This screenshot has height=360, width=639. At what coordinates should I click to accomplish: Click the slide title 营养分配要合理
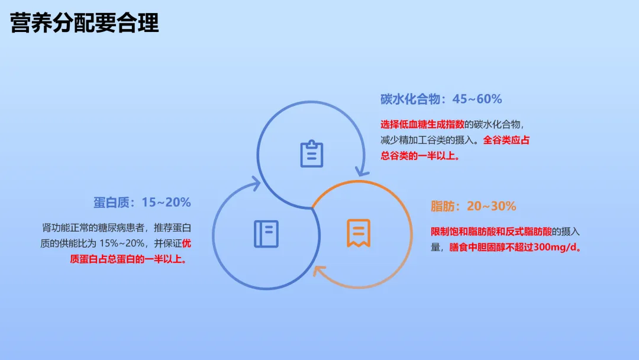coord(85,22)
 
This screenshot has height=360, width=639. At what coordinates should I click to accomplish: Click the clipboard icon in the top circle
coord(312,154)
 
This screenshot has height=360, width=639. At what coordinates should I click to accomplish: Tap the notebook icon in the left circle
coord(266,234)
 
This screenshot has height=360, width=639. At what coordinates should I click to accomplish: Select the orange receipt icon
coord(359,233)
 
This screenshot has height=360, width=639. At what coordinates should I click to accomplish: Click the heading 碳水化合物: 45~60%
coord(441,99)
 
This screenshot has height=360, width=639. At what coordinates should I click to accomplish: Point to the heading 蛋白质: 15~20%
coord(142,202)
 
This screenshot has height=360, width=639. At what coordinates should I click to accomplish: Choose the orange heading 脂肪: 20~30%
coord(473,206)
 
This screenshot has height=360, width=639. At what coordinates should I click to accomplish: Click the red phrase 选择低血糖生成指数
coord(422,124)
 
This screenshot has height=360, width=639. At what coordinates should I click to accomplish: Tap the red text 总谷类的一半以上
coord(420,156)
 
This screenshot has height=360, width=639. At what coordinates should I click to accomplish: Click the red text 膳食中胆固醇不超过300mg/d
coord(515,247)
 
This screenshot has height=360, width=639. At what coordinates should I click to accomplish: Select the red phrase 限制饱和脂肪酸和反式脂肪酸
coord(491,232)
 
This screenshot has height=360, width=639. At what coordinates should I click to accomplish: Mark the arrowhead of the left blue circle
coord(256,183)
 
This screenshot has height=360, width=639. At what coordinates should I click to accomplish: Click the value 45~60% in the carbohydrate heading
coord(477,99)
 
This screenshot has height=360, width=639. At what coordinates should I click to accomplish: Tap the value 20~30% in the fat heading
coord(492,206)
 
